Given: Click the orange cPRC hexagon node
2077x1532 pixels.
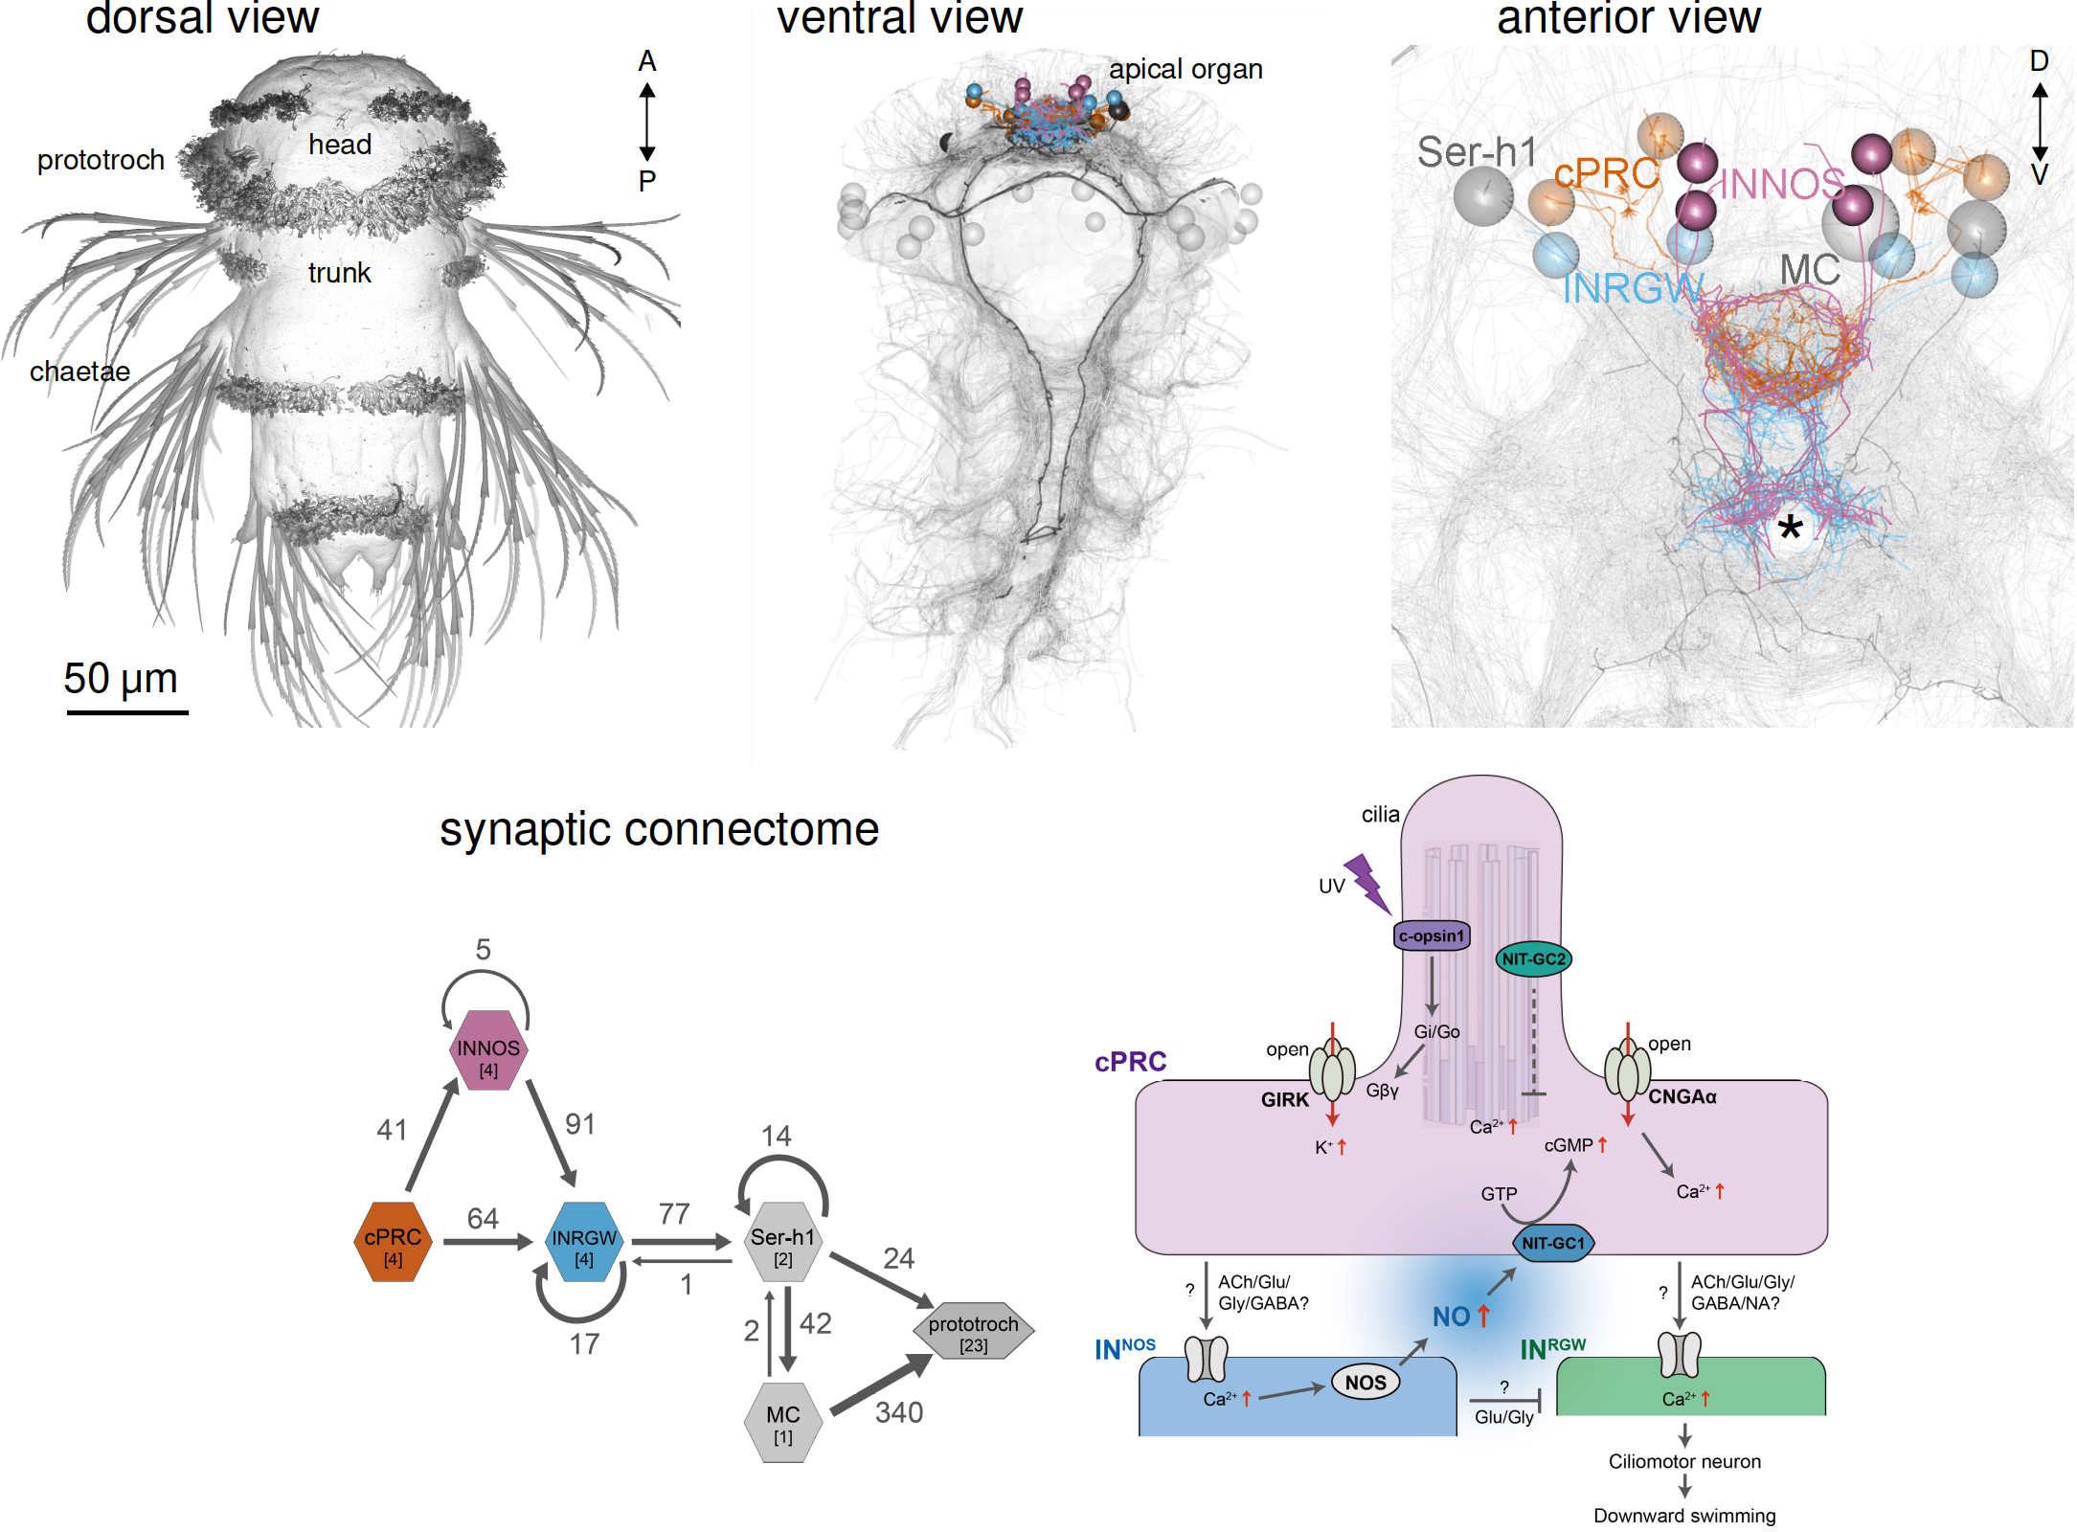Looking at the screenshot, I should [x=393, y=1242].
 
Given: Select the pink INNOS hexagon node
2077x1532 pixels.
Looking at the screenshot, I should [x=488, y=1050].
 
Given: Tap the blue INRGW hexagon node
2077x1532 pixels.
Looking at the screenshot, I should [x=584, y=1242].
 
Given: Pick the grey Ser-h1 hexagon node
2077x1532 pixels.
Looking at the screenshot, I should [x=783, y=1242].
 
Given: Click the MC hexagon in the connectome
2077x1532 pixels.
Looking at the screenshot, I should [x=783, y=1422].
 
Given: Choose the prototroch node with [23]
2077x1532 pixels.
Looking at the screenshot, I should [x=974, y=1331].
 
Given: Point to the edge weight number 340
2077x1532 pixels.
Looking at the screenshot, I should [x=899, y=1412].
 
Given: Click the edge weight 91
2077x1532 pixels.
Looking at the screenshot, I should [x=580, y=1123].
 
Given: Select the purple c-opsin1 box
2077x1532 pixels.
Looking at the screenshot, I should [x=1432, y=935].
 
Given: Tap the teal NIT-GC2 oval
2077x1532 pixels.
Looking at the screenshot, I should [x=1533, y=958].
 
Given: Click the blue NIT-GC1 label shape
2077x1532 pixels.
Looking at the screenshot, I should [x=1553, y=1243].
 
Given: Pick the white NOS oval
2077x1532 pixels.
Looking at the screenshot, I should [x=1365, y=1382].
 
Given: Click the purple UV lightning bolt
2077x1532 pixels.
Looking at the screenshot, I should [x=1367, y=883].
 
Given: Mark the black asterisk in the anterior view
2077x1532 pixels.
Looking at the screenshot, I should [x=1790, y=528].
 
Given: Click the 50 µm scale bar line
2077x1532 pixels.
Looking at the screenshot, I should [x=127, y=711].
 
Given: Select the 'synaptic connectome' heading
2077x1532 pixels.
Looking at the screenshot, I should [x=659, y=829].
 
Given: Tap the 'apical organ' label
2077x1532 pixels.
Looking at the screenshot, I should [x=1185, y=69].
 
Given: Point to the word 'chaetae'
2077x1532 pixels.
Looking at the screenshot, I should [x=79, y=372].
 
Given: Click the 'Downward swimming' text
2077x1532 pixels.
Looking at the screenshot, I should [x=1683, y=1516].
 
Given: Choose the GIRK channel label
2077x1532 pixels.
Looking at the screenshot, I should [x=1284, y=1099].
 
